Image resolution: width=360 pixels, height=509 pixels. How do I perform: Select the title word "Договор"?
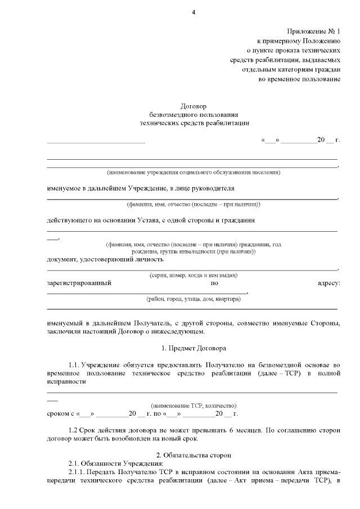[x=193, y=105]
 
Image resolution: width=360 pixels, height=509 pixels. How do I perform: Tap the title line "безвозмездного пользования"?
[x=193, y=114]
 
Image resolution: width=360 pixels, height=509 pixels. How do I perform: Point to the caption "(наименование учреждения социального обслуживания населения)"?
[x=193, y=172]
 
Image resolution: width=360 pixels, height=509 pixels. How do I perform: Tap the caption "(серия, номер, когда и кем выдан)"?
[x=193, y=275]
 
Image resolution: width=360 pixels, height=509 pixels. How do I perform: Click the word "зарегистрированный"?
[x=79, y=283]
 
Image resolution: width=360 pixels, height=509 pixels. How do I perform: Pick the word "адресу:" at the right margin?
[x=329, y=283]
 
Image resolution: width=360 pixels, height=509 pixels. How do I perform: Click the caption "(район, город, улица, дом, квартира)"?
[x=193, y=299]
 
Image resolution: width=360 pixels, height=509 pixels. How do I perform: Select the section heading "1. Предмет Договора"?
[x=193, y=348]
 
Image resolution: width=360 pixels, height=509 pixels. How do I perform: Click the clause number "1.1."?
[x=74, y=365]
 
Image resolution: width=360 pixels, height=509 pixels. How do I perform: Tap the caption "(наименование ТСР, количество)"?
[x=193, y=405]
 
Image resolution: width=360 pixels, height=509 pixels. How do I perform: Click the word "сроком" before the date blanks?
[x=58, y=414]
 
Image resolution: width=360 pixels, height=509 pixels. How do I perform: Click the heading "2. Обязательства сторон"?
[x=193, y=454]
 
